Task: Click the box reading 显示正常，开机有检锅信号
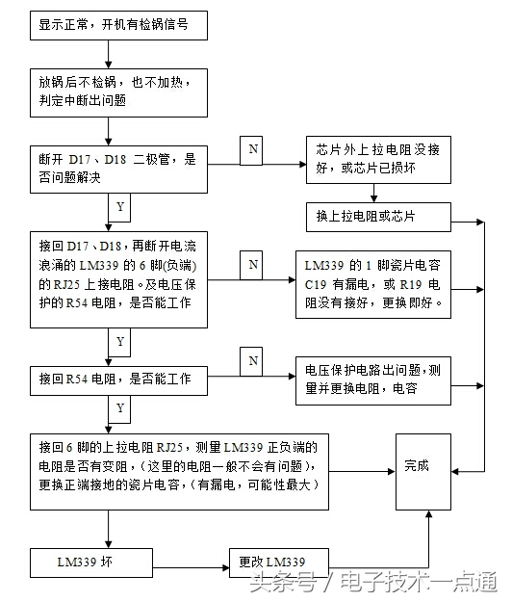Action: tap(119, 26)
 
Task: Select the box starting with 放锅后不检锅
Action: tap(119, 91)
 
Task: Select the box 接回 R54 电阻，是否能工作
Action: tap(119, 379)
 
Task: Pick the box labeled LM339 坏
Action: tap(86, 562)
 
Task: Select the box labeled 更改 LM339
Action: tap(277, 562)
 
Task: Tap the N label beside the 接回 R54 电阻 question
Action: tap(253, 361)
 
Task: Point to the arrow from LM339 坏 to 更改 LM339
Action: tap(185, 562)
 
